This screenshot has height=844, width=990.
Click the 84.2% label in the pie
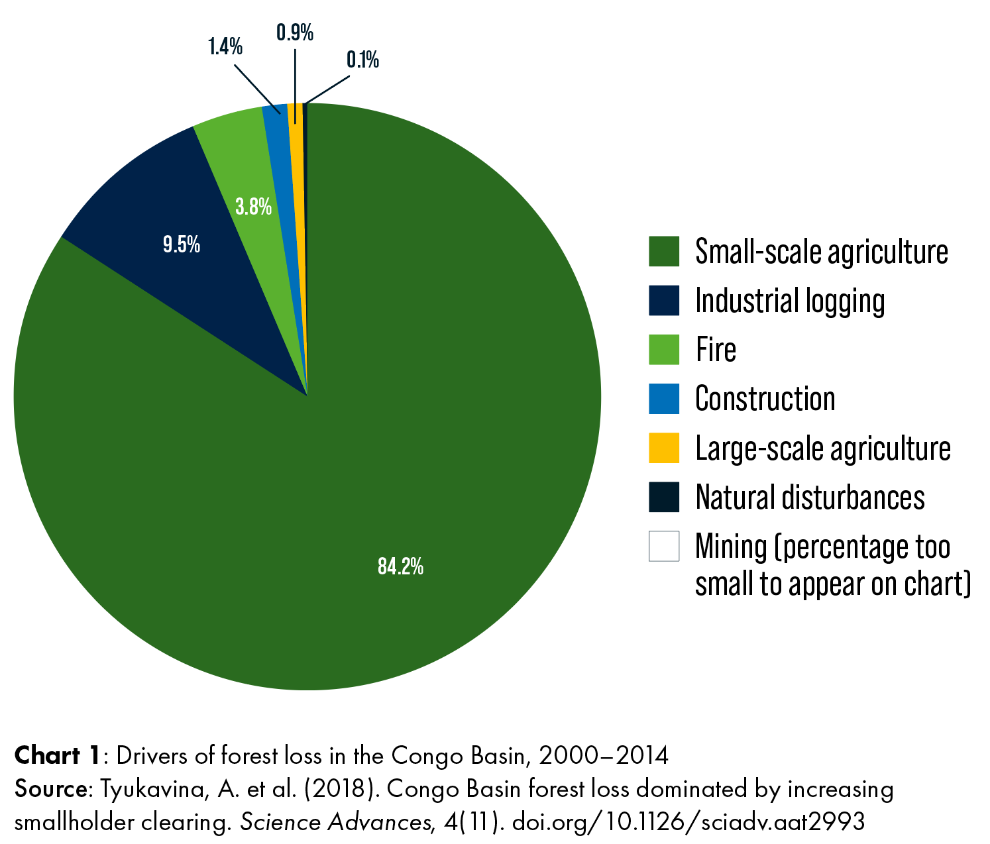[x=400, y=566]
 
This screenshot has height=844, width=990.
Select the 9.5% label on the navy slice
[x=182, y=245]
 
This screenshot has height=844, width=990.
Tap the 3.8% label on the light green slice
[x=253, y=207]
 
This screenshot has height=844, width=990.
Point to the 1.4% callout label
[x=225, y=47]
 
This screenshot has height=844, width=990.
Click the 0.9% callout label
[x=295, y=32]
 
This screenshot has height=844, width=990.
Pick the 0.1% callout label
[x=362, y=60]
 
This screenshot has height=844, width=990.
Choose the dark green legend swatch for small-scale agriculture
[x=664, y=252]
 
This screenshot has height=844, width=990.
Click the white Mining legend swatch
[x=664, y=547]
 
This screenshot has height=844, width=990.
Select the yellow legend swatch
[x=664, y=448]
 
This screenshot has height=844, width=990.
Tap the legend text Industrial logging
[x=790, y=301]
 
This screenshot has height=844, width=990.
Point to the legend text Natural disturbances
[x=810, y=498]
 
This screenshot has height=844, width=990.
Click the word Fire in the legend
[x=716, y=350]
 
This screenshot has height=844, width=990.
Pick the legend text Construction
[x=765, y=399]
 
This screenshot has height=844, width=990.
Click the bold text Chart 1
[x=58, y=755]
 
